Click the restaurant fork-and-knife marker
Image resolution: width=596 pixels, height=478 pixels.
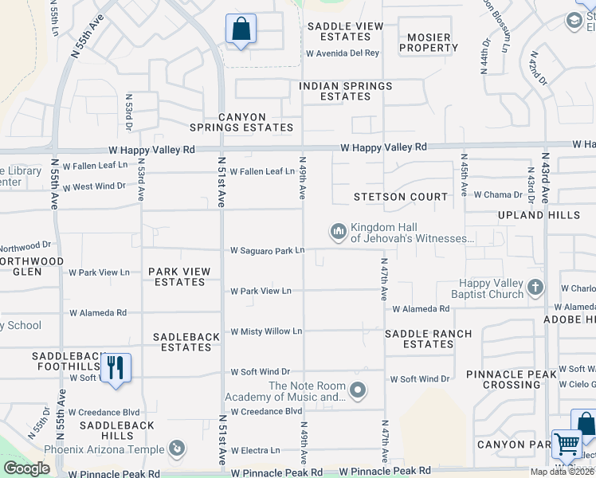pyautogui.click(x=116, y=367)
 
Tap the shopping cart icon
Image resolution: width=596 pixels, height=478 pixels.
pyautogui.click(x=567, y=443)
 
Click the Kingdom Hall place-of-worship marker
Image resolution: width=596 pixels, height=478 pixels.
pyautogui.click(x=339, y=232)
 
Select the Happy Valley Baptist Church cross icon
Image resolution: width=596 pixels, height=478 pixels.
pyautogui.click(x=535, y=287)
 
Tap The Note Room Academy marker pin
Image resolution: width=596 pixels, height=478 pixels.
pyautogui.click(x=359, y=390)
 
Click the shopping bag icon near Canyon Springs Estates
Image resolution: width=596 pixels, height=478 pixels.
pyautogui.click(x=241, y=29)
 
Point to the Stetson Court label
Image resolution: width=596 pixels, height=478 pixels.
pyautogui.click(x=402, y=197)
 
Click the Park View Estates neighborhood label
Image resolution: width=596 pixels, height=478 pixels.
pyautogui.click(x=179, y=276)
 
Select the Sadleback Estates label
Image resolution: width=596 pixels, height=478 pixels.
pyautogui.click(x=186, y=342)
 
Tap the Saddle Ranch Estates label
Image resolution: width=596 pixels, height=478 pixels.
pyautogui.click(x=428, y=339)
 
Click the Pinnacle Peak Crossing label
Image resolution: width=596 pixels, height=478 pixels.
pyautogui.click(x=516, y=379)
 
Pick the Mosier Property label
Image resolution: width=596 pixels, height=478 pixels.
pyautogui.click(x=429, y=42)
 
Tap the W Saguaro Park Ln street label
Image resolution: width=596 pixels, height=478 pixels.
pyautogui.click(x=268, y=251)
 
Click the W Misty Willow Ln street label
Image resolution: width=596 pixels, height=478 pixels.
pyautogui.click(x=266, y=331)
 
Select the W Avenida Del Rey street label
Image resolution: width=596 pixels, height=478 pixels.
pyautogui.click(x=343, y=54)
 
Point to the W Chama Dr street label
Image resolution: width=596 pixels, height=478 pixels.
pyautogui.click(x=497, y=194)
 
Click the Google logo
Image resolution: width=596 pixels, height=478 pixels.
pyautogui.click(x=26, y=468)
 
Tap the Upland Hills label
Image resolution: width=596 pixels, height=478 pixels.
pyautogui.click(x=551, y=215)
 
